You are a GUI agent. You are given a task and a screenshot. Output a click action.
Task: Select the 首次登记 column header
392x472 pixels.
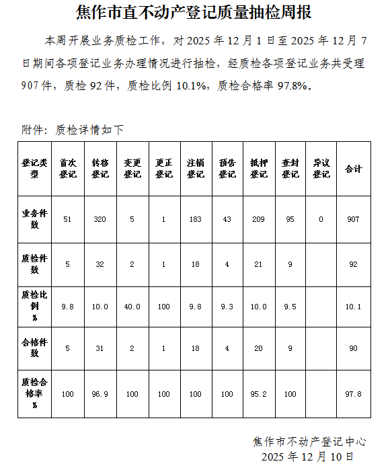tap(67, 168)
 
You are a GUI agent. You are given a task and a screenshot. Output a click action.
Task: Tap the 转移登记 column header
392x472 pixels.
tap(100, 168)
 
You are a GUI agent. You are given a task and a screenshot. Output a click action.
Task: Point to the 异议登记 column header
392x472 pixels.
tap(321, 168)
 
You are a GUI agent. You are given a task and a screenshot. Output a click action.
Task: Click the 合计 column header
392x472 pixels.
tap(353, 169)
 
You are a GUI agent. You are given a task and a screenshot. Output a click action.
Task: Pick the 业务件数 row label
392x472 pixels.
tap(34, 219)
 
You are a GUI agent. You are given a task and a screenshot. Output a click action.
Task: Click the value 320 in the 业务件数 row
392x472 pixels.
tap(100, 220)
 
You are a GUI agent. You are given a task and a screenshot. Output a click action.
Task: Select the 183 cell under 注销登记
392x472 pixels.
tap(195, 220)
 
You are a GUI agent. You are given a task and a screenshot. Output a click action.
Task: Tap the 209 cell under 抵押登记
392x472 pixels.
tap(258, 220)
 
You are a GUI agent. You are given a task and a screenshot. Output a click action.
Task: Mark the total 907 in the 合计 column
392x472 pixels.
tap(353, 220)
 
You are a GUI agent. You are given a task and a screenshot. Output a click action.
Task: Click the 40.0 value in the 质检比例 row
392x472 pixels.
tap(132, 307)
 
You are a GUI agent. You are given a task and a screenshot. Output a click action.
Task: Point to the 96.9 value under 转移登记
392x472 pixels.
tap(100, 394)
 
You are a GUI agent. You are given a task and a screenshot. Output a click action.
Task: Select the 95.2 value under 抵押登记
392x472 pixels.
tap(258, 394)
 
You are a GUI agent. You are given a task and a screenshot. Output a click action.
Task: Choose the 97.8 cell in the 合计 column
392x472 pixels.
tap(353, 394)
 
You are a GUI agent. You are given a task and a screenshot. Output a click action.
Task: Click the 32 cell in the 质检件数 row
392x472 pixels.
tap(100, 265)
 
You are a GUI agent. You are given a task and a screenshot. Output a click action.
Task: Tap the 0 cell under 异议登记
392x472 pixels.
tap(321, 220)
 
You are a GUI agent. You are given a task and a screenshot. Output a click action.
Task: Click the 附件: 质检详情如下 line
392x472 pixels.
tap(73, 130)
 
